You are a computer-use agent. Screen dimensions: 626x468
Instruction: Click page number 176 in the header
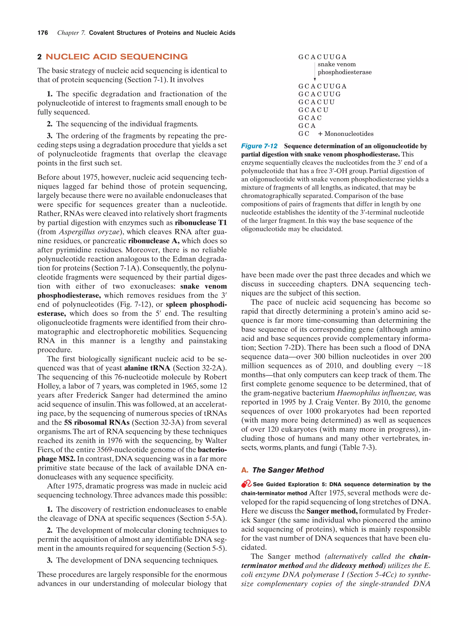click(x=43, y=33)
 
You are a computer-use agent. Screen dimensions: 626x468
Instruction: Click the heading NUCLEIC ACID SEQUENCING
click(x=116, y=57)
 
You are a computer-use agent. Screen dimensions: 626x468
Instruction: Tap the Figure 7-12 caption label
click(x=259, y=146)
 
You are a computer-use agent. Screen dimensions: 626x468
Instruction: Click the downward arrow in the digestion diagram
click(x=314, y=72)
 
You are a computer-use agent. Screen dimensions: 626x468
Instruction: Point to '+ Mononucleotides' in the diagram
click(x=346, y=134)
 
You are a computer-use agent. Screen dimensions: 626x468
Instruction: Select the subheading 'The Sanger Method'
click(x=288, y=470)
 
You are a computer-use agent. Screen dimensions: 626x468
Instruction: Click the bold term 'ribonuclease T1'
click(x=201, y=223)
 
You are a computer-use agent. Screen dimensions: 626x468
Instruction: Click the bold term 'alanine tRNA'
click(x=147, y=368)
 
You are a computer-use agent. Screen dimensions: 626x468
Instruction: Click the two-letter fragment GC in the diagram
click(x=303, y=134)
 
